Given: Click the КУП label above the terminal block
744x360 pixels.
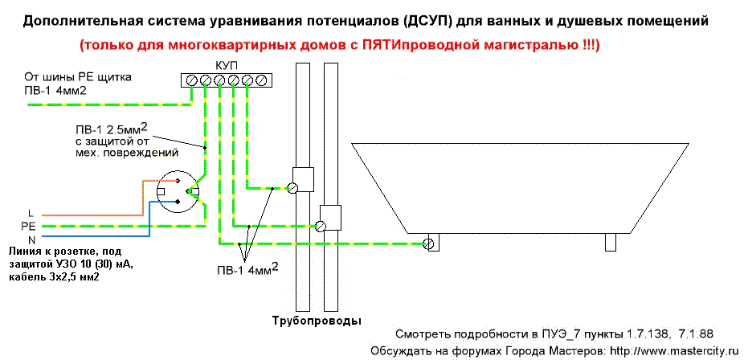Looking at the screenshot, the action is click(x=224, y=67).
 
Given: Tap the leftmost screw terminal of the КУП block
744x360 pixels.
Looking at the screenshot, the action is click(x=192, y=81).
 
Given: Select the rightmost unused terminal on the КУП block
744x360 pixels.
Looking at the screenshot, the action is click(x=260, y=81).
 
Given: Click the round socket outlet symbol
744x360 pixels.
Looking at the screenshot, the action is click(x=178, y=192).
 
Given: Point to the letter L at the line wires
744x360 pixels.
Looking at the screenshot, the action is click(x=31, y=215).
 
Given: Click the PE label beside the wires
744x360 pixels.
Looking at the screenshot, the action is click(x=26, y=227).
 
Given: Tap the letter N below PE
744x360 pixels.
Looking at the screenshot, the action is click(x=32, y=239).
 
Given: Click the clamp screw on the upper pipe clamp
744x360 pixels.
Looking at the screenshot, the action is click(x=292, y=188).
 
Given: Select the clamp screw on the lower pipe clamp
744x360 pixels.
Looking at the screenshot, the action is click(x=321, y=227).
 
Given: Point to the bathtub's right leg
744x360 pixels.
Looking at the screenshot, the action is click(x=610, y=242).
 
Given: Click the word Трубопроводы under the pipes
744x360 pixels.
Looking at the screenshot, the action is click(x=317, y=321).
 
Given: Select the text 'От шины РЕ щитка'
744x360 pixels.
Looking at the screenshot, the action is click(x=78, y=77).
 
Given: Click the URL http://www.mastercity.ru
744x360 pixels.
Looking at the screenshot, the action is click(x=674, y=352).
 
